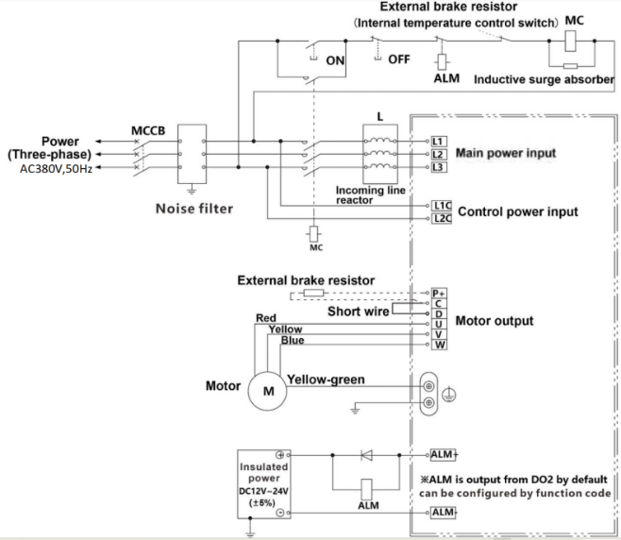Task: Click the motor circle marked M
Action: (x=268, y=393)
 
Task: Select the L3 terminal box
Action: (x=437, y=167)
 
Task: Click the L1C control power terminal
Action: (x=443, y=205)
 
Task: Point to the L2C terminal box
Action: (x=443, y=218)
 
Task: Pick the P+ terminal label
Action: (x=438, y=293)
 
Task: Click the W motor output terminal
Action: (x=438, y=345)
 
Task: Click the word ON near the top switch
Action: (x=335, y=59)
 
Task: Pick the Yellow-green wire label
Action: (x=327, y=380)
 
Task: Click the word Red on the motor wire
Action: (x=266, y=318)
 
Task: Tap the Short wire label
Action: (x=359, y=310)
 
